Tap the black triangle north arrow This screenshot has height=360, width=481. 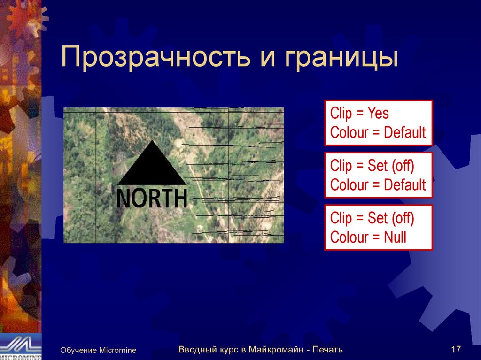pyautogui.click(x=152, y=164)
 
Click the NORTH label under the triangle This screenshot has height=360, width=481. pyautogui.click(x=152, y=198)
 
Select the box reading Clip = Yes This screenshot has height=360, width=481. pyautogui.click(x=378, y=123)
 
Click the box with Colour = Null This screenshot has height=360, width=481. pyautogui.click(x=378, y=228)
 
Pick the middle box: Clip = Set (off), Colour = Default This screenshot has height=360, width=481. pyautogui.click(x=378, y=175)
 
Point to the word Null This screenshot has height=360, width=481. pyautogui.click(x=395, y=237)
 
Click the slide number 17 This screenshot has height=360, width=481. pyautogui.click(x=455, y=350)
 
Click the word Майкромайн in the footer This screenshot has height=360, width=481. pyautogui.click(x=276, y=350)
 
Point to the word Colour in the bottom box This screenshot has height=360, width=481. pyautogui.click(x=349, y=237)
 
